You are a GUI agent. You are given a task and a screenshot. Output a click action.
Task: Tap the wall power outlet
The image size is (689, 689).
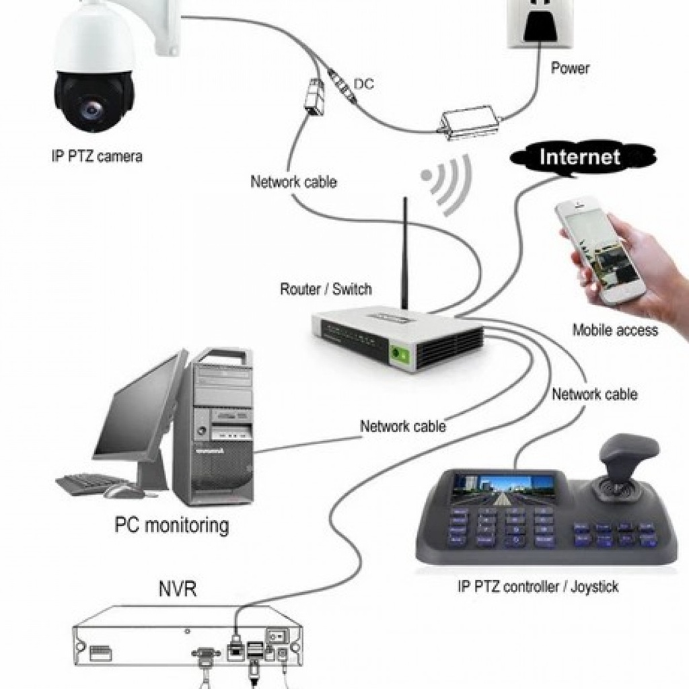point(539,23)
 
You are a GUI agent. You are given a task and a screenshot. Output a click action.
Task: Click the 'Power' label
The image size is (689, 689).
point(570,68)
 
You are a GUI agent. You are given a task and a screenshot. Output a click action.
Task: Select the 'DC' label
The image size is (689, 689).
point(364,84)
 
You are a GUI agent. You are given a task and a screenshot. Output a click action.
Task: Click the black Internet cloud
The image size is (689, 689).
point(580,157)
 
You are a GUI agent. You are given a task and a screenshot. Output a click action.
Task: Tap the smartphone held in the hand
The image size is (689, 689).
point(600,250)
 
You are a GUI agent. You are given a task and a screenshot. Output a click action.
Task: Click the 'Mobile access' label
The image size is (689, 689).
point(615,330)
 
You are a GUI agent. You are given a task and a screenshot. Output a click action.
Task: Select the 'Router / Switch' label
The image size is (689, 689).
point(326,289)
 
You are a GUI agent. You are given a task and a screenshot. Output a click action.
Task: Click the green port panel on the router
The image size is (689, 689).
point(402,353)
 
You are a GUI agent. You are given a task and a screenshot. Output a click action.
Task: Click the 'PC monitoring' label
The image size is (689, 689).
point(172,525)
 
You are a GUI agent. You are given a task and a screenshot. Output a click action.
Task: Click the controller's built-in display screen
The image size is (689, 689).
point(502,489)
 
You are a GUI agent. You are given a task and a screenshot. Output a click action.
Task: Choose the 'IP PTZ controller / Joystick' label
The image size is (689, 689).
point(538,587)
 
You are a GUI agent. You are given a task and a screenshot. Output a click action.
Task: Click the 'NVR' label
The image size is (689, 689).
point(178,589)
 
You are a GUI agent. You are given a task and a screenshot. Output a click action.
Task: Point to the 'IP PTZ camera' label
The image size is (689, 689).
point(97,157)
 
